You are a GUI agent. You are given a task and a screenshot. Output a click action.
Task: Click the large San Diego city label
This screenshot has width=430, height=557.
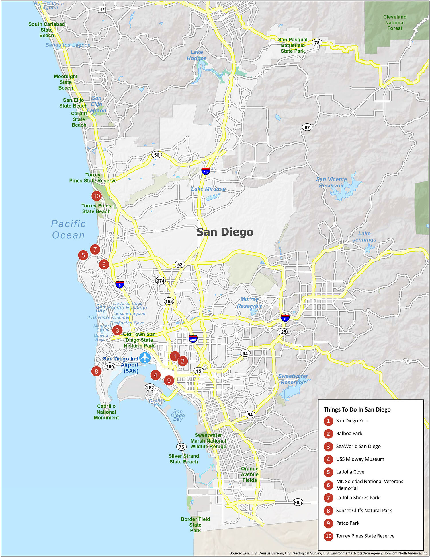[x=225, y=232]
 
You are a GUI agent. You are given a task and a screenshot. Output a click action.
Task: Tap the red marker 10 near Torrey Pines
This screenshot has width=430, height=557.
[x=97, y=196]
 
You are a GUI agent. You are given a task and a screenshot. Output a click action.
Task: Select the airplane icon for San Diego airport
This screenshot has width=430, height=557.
[x=145, y=358]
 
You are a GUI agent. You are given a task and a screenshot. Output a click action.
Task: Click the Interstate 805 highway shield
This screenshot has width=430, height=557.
[x=193, y=339]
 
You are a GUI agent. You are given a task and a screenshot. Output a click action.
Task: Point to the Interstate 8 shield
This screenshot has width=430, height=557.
[x=285, y=318]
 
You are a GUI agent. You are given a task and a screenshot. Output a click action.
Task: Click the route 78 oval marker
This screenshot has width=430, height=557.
[x=317, y=43]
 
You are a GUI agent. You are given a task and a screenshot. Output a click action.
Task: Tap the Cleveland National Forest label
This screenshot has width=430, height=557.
[x=395, y=23]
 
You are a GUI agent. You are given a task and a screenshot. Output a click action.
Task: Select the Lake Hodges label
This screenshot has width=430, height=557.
[x=197, y=55]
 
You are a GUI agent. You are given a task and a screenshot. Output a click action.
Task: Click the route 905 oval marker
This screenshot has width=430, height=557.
[x=298, y=502]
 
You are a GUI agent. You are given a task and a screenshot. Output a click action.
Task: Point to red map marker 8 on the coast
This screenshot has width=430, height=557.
[x=96, y=371]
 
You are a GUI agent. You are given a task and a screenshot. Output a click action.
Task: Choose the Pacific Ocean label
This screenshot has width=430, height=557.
[x=68, y=229]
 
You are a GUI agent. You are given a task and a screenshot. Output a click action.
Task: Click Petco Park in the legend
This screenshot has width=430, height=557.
[x=347, y=523]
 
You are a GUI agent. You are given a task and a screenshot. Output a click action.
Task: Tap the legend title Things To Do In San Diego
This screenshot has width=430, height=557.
[x=357, y=409]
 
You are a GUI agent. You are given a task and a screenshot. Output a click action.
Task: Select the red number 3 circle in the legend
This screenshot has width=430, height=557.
[x=328, y=446]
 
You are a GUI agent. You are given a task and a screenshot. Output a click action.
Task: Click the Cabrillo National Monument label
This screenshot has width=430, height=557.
[x=106, y=412]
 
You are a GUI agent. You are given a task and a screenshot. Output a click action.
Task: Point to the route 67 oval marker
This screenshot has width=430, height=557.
[x=307, y=127]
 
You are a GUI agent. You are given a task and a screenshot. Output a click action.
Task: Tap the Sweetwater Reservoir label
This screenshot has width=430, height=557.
[x=293, y=379]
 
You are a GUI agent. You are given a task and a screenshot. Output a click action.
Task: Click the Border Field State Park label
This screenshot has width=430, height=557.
[x=195, y=525]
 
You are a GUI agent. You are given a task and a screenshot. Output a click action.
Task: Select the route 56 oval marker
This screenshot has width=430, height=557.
[x=157, y=155]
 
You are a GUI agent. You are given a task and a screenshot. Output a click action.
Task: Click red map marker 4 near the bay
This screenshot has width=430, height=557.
[x=155, y=375]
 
